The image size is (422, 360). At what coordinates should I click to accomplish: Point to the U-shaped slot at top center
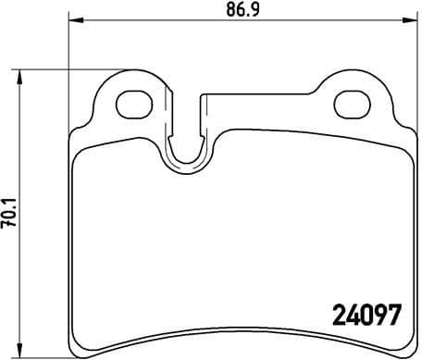191,148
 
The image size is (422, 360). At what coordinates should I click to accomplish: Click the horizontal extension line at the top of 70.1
46,70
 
